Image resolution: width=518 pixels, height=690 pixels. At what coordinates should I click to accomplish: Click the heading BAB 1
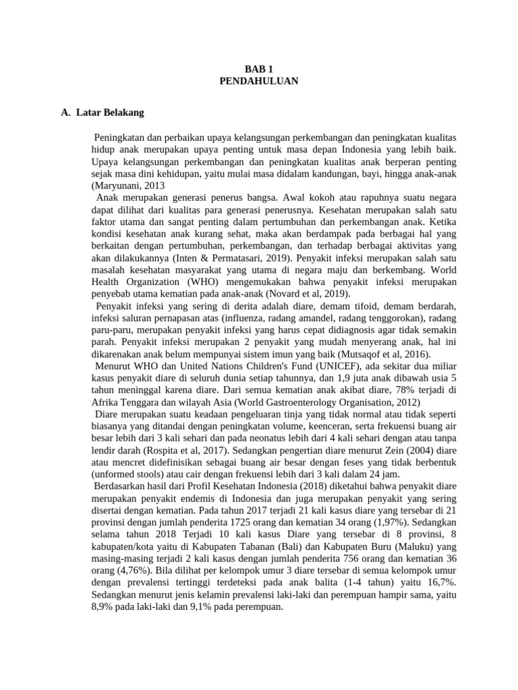tap(259, 69)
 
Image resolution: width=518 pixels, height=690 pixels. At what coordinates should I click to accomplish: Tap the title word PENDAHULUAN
tap(259, 81)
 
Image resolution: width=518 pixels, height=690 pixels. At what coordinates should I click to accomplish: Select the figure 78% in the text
tap(383, 391)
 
